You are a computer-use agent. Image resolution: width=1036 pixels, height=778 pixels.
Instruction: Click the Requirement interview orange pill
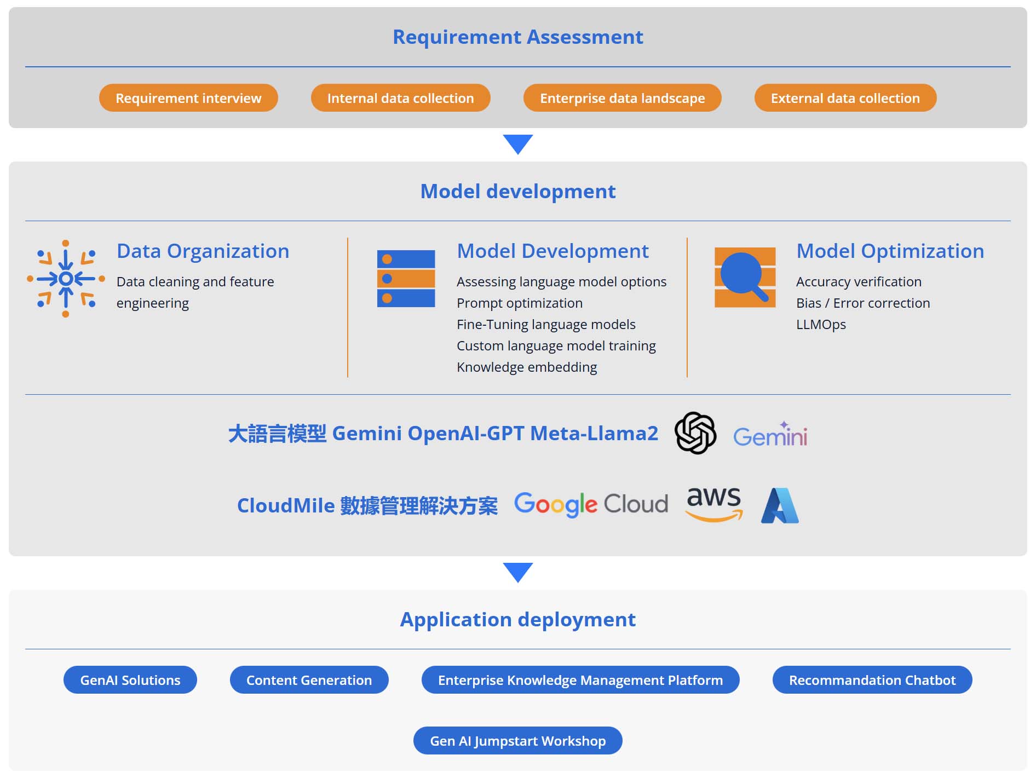pos(188,98)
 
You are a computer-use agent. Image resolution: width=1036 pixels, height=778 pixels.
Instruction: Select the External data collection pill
pos(845,98)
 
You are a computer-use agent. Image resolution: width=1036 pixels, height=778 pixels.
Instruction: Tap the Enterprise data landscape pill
pos(622,98)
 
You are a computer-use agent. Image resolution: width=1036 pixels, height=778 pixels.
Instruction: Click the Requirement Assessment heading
pos(517,37)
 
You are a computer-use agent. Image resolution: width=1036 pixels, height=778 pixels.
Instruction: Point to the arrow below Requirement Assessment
pos(517,144)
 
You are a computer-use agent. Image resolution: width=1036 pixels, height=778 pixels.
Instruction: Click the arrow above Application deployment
pos(517,572)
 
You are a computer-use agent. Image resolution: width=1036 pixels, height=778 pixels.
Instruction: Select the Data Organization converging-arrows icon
pos(66,278)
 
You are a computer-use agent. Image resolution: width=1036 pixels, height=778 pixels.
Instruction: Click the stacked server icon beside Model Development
pos(406,278)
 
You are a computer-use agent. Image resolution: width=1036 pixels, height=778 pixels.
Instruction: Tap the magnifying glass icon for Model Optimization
pos(745,277)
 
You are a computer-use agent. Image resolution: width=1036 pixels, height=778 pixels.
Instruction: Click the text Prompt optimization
pos(519,303)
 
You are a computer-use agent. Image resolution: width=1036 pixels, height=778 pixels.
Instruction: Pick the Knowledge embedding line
pos(526,367)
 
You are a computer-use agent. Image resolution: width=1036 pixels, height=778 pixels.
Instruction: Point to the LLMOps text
pos(820,324)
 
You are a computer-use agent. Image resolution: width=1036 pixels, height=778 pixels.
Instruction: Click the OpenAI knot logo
pos(695,433)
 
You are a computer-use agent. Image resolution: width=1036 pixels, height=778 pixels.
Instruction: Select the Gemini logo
pos(770,435)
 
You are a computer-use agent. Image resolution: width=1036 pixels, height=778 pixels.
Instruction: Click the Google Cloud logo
pos(591,504)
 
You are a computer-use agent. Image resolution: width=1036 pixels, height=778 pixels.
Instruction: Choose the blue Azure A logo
pos(779,505)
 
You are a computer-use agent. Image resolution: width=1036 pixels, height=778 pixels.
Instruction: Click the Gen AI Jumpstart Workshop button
pos(517,740)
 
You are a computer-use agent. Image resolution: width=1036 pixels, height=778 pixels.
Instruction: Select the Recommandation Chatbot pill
pos(872,679)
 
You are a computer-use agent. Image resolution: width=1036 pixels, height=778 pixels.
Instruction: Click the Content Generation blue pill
pos(309,679)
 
